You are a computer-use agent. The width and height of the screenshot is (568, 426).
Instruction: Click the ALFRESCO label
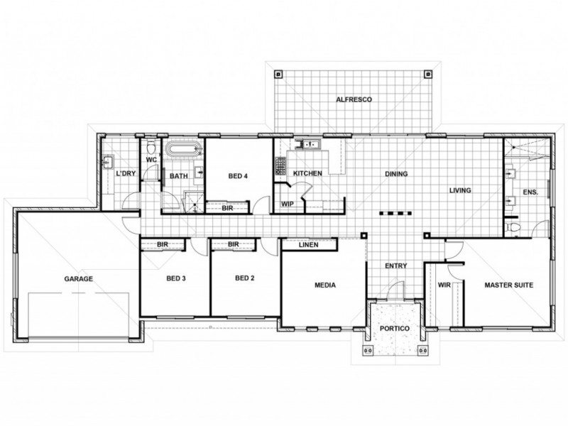pyautogui.click(x=354, y=100)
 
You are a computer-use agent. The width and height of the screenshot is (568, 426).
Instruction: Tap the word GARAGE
pyautogui.click(x=80, y=278)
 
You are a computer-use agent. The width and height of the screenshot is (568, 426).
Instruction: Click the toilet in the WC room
pyautogui.click(x=150, y=148)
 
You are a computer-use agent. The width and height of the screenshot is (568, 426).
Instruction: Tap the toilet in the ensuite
pyautogui.click(x=515, y=227)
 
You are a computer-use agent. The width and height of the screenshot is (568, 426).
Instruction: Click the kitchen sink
pyautogui.click(x=310, y=146)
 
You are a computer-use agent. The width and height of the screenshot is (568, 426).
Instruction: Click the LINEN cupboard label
pyautogui.click(x=307, y=245)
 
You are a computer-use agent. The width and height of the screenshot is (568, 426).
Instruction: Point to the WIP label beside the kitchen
pyautogui.click(x=288, y=204)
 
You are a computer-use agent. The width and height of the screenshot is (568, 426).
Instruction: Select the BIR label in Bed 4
pyautogui.click(x=228, y=208)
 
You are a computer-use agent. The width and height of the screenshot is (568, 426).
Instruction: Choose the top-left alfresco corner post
pyautogui.click(x=278, y=72)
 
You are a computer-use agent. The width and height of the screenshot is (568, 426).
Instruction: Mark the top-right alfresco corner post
pyautogui.click(x=427, y=72)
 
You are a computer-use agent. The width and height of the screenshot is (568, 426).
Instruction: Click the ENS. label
pyautogui.click(x=530, y=192)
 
